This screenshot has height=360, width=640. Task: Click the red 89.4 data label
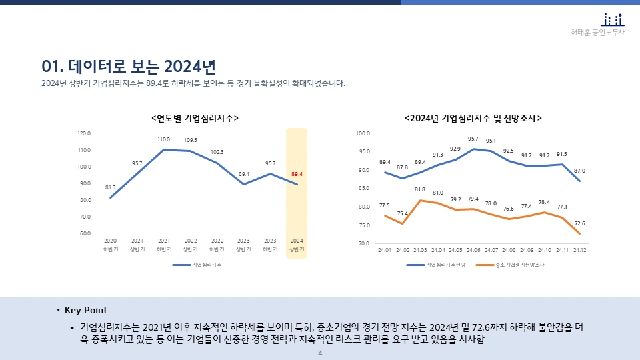tap(297, 175)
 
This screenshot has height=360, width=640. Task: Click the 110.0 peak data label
tap(163, 140)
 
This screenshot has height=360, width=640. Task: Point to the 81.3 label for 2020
tap(111, 187)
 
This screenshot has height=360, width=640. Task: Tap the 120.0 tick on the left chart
tap(84, 133)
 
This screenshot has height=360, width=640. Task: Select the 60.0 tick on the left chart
tap(84, 233)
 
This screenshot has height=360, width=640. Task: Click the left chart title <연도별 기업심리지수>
tap(195, 118)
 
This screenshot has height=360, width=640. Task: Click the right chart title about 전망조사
tap(473, 118)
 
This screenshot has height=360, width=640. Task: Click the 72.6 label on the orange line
tap(579, 223)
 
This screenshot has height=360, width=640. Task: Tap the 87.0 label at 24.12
tap(579, 171)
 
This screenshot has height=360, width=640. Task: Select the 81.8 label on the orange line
tap(420, 189)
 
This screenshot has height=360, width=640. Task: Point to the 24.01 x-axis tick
tap(385, 250)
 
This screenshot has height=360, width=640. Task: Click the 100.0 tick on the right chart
tap(363, 133)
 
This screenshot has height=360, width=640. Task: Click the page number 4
tap(320, 353)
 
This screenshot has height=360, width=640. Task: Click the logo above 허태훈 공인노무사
tap(613, 19)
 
